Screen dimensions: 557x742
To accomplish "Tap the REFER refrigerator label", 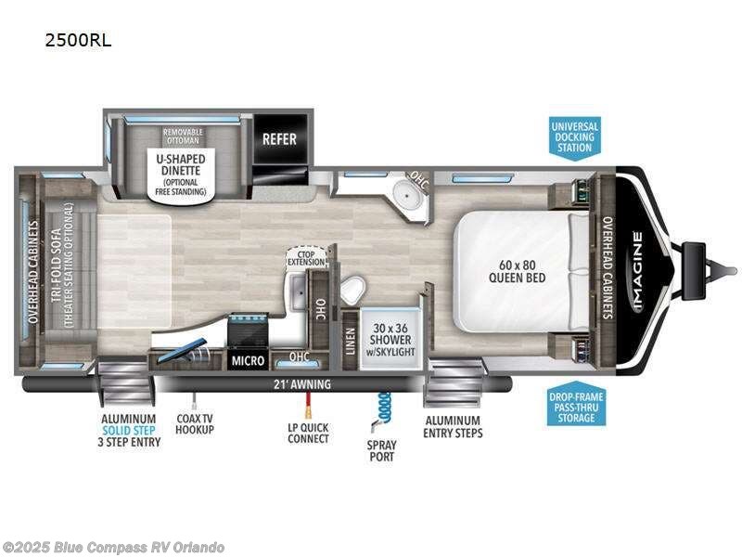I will (x=279, y=139).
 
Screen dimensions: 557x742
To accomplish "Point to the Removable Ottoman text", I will (x=183, y=137).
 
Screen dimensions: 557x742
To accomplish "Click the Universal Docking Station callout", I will (x=575, y=136).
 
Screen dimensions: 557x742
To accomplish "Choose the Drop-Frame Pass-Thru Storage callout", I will (x=576, y=407).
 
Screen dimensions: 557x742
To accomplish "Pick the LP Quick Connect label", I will (x=308, y=433).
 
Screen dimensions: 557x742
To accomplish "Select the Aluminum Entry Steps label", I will (x=453, y=427).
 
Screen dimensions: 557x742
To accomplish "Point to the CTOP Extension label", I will (x=306, y=257).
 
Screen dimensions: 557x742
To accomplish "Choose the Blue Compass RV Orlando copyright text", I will (x=113, y=548).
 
